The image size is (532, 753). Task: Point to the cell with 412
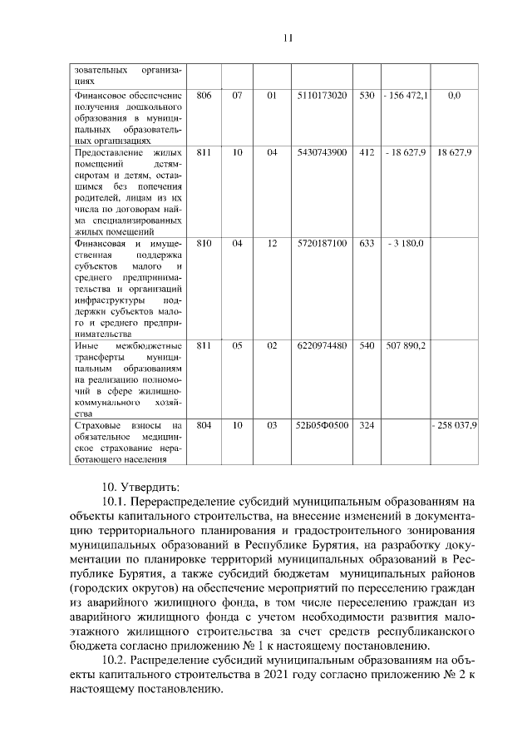click(367, 153)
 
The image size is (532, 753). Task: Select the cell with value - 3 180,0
click(406, 243)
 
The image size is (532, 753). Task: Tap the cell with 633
click(367, 243)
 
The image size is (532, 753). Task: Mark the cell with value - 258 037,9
click(454, 425)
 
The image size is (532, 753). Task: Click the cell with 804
click(204, 425)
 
